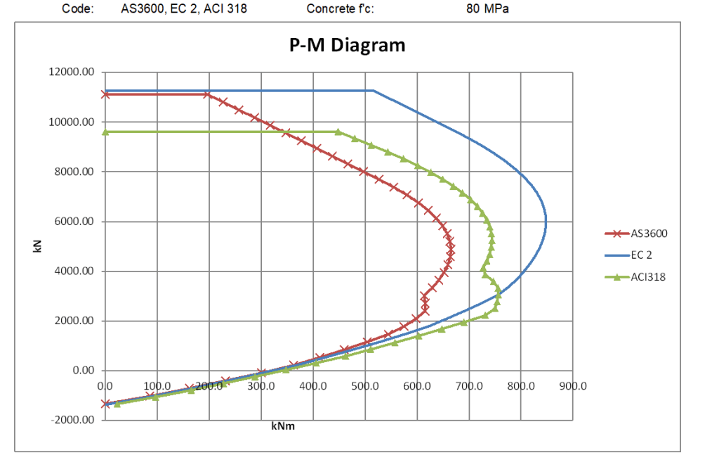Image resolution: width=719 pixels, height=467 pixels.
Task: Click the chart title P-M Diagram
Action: tap(348, 46)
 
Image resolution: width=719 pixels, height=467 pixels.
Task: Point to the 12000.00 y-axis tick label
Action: tap(73, 72)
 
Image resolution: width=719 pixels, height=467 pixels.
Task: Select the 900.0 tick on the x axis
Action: tap(573, 386)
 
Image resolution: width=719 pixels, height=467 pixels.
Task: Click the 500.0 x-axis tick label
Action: tap(364, 386)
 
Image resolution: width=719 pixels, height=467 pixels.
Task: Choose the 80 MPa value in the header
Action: tap(487, 9)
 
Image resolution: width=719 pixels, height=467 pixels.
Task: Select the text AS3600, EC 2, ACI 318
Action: tap(184, 9)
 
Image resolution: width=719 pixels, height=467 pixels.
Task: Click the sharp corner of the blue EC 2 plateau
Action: tap(374, 90)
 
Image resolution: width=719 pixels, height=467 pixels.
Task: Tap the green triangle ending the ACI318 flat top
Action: tap(338, 132)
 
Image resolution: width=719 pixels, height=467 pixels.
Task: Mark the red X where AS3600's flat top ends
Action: tap(207, 94)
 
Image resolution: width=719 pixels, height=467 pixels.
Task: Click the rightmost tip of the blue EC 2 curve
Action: tap(546, 222)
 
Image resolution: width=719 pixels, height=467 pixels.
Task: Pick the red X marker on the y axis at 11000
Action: tap(105, 94)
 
